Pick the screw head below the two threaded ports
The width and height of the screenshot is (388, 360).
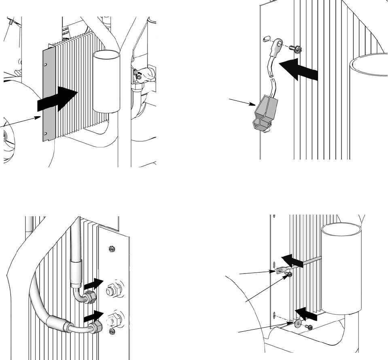(x=112, y=332)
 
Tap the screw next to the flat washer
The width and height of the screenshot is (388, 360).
(x=310, y=327)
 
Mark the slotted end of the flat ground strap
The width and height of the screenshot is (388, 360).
(x=280, y=271)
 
